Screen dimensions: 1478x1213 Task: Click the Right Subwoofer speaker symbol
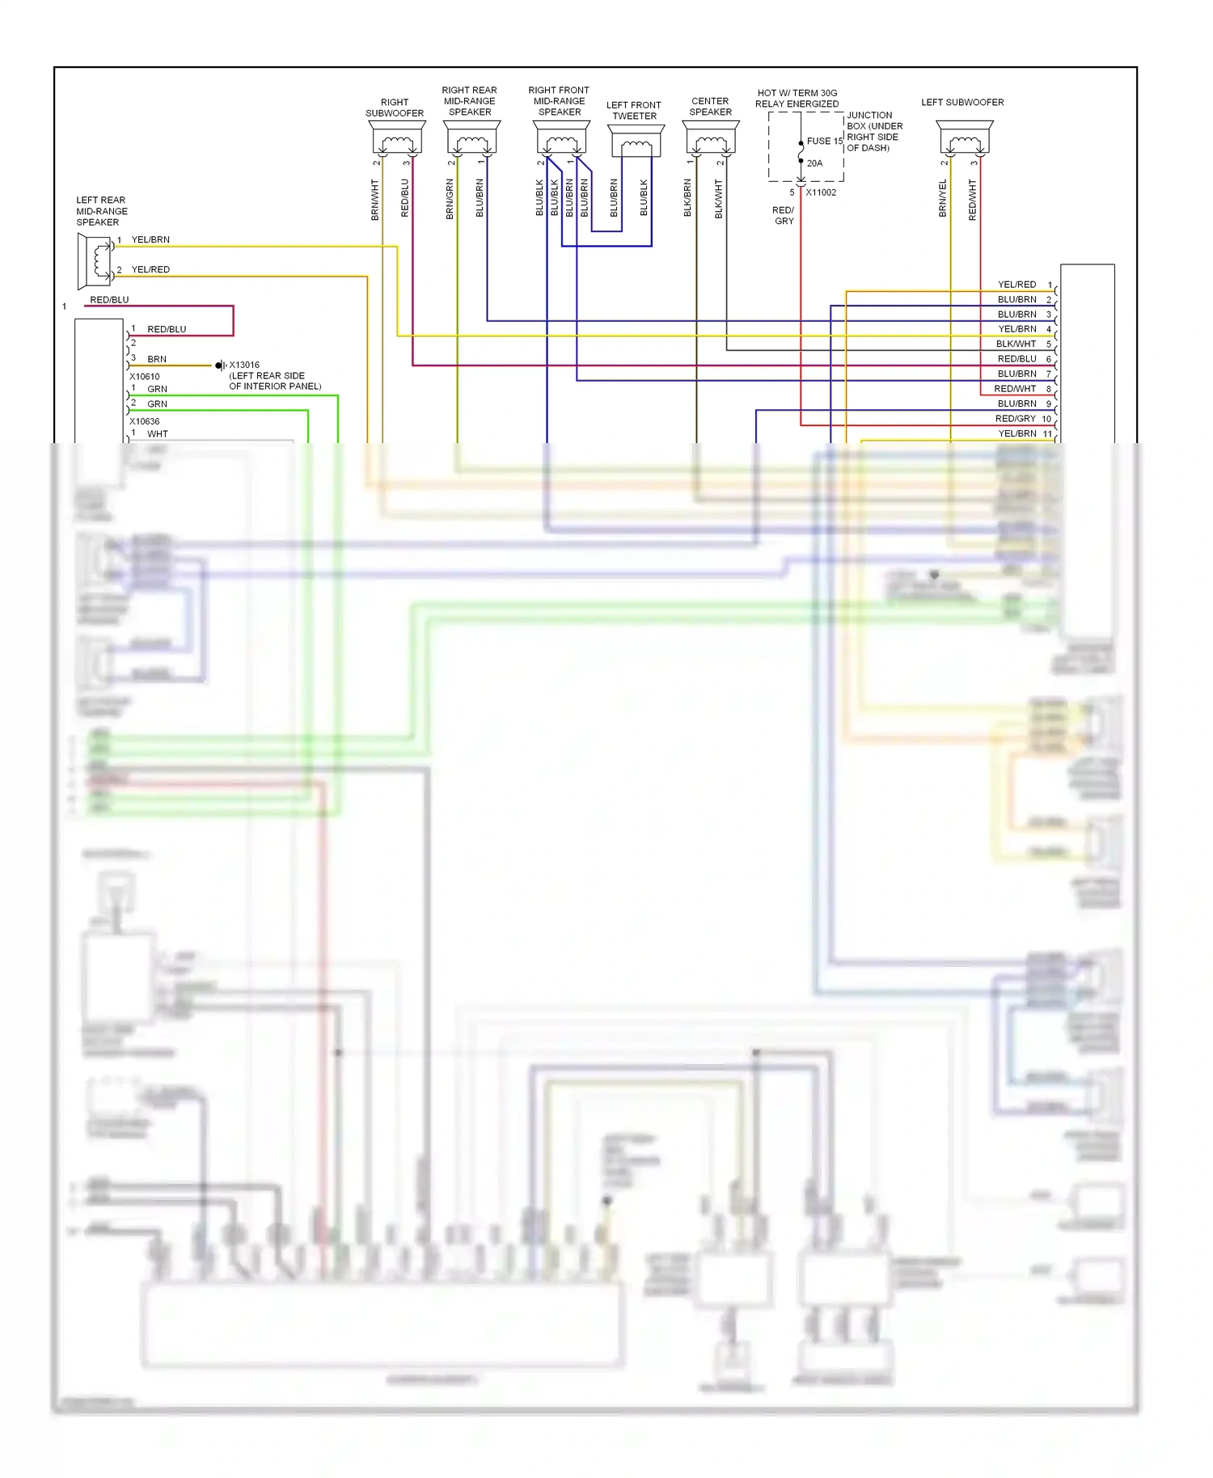pyautogui.click(x=397, y=138)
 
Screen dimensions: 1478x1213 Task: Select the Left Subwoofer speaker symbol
pyautogui.click(x=965, y=138)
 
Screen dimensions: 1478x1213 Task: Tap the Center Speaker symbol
pyautogui.click(x=711, y=138)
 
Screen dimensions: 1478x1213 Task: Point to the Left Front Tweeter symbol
pyautogui.click(x=636, y=141)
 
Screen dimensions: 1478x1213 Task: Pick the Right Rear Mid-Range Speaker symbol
pyautogui.click(x=472, y=138)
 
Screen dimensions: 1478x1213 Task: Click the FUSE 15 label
pyautogui.click(x=824, y=141)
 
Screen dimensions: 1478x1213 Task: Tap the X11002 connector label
pyautogui.click(x=821, y=192)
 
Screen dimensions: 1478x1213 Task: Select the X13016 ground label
pyautogui.click(x=244, y=365)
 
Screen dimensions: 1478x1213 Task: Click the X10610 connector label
pyautogui.click(x=145, y=376)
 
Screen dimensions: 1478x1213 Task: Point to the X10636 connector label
pyautogui.click(x=145, y=421)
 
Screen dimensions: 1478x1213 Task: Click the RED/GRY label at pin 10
pyautogui.click(x=1015, y=419)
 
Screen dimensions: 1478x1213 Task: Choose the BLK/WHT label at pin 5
pyautogui.click(x=1016, y=344)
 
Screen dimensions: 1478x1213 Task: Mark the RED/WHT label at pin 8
pyautogui.click(x=1015, y=389)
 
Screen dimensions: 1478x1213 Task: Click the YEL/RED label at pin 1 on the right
pyautogui.click(x=1016, y=285)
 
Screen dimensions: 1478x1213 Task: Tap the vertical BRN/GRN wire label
pyautogui.click(x=450, y=199)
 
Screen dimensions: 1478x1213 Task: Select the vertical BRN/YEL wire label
pyautogui.click(x=943, y=199)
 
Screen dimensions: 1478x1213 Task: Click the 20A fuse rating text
pyautogui.click(x=814, y=163)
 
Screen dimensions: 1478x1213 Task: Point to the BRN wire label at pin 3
pyautogui.click(x=157, y=359)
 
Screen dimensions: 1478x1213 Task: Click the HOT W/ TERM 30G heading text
pyautogui.click(x=797, y=93)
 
